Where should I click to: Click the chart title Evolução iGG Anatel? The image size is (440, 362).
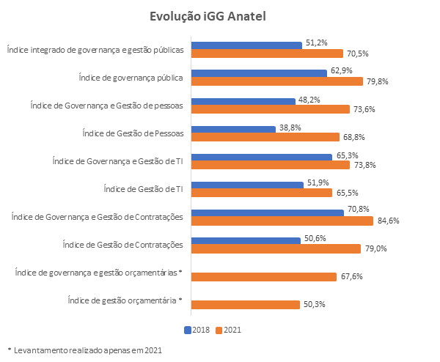[219, 16]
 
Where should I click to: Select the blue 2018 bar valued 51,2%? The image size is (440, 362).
[246, 45]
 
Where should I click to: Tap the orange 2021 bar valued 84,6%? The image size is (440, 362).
[282, 221]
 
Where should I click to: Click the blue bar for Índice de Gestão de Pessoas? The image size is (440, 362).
[232, 129]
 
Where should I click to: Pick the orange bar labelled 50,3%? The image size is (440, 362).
[245, 304]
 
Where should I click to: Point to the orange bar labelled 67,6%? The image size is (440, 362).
[266, 276]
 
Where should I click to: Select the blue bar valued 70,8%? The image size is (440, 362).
[268, 213]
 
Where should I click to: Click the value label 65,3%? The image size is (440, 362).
[346, 155]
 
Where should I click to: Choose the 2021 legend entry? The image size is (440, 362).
[227, 330]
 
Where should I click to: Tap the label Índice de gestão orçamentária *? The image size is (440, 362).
[124, 300]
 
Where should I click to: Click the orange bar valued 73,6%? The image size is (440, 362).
[271, 109]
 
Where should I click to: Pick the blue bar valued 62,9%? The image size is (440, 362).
[259, 73]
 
